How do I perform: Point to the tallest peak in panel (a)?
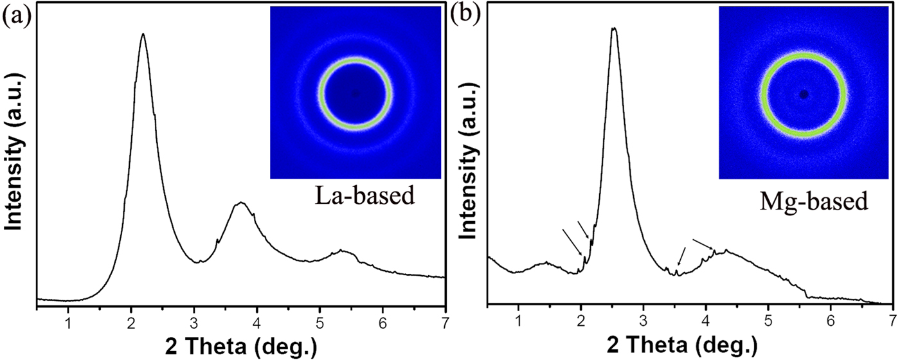[143, 35]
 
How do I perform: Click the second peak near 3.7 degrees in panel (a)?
[241, 203]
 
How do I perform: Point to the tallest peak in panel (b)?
[614, 29]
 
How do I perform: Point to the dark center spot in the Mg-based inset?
[804, 94]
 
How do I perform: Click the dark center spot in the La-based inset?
[355, 93]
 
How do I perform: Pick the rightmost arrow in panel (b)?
[703, 244]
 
